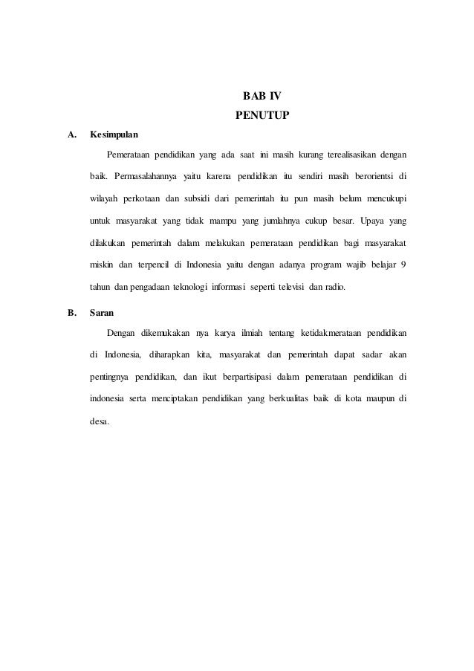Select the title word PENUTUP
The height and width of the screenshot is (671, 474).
coord(262,116)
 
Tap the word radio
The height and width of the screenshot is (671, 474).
coord(331,288)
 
